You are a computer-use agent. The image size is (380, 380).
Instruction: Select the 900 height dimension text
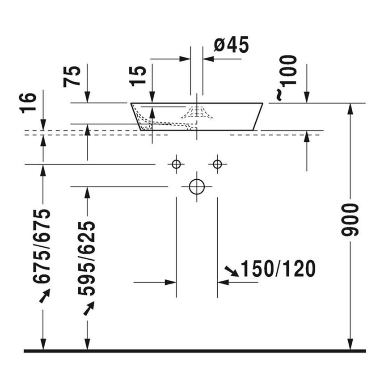(350, 220)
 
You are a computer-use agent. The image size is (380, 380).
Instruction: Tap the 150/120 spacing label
(278, 269)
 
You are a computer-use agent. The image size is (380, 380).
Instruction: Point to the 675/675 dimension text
(43, 246)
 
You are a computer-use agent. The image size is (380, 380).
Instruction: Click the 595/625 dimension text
(87, 258)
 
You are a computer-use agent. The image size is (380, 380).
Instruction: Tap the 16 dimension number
(28, 103)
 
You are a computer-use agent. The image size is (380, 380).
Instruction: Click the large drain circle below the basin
(197, 186)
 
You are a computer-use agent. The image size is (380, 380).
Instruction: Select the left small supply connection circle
(176, 164)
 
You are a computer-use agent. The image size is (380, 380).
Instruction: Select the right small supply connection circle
(217, 164)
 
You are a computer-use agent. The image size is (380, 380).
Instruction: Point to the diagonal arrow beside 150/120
(232, 270)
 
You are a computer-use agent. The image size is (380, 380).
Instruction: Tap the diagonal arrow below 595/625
(89, 308)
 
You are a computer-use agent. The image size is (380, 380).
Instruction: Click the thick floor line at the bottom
(194, 351)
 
